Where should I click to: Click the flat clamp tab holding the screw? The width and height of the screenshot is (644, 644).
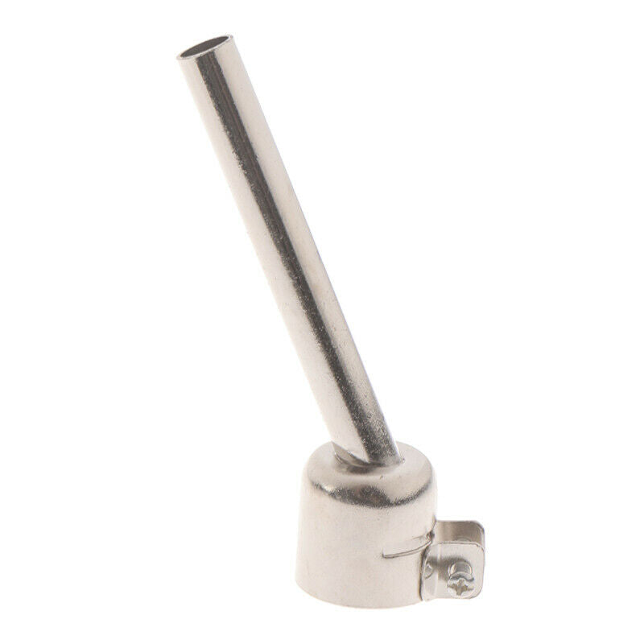pos(456,563)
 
